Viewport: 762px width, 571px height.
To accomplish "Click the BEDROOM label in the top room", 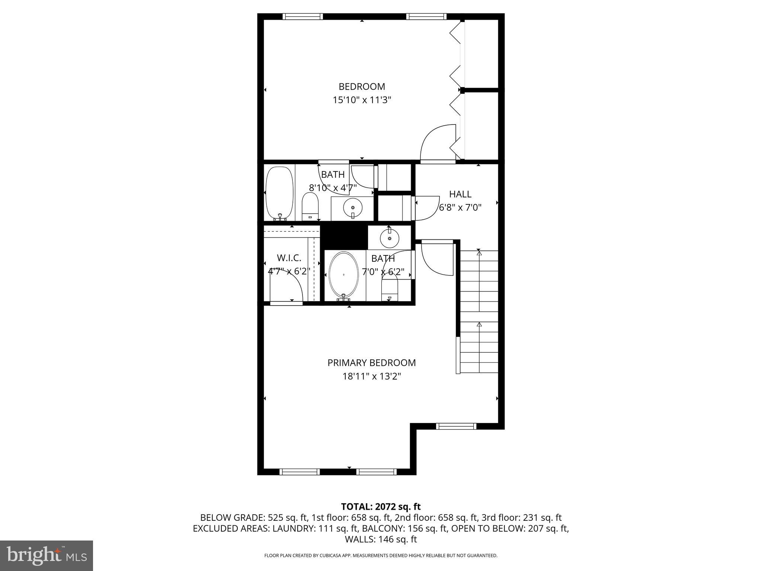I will click(x=362, y=87).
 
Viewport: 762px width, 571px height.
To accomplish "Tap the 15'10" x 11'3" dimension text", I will click(x=362, y=100).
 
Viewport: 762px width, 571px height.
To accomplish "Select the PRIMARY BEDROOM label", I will click(x=371, y=363).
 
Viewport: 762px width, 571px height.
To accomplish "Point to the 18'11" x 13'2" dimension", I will click(x=371, y=377).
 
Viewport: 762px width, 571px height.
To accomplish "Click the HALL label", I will click(x=460, y=194).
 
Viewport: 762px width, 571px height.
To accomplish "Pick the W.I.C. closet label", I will click(x=289, y=258).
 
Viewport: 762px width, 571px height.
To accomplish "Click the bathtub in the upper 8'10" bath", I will click(x=280, y=193).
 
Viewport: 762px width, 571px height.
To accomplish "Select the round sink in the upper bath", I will click(x=352, y=207).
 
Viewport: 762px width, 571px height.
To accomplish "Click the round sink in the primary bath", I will click(x=390, y=238).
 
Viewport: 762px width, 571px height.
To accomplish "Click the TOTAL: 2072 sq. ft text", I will click(x=381, y=506).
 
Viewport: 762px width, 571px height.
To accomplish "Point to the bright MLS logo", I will click(x=47, y=555).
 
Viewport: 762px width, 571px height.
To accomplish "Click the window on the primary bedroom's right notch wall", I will click(x=456, y=426).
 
